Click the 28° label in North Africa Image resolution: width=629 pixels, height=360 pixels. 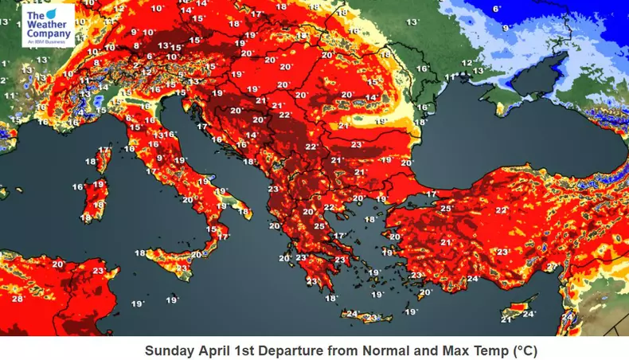[x=17, y=299]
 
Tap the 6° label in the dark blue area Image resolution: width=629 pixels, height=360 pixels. [x=497, y=9]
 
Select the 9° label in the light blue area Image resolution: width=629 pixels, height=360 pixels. [x=506, y=28]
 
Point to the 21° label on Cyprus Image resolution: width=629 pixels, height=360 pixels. [x=506, y=319]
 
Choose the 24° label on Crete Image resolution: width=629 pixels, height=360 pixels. [x=353, y=314]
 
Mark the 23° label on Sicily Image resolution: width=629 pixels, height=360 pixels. [x=183, y=268]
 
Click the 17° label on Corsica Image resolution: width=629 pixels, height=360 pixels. [x=104, y=150]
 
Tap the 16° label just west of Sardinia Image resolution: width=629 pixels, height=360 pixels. [x=78, y=187]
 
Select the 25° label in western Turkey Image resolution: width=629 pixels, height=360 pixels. [x=446, y=209]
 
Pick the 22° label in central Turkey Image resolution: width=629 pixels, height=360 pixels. [x=501, y=209]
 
